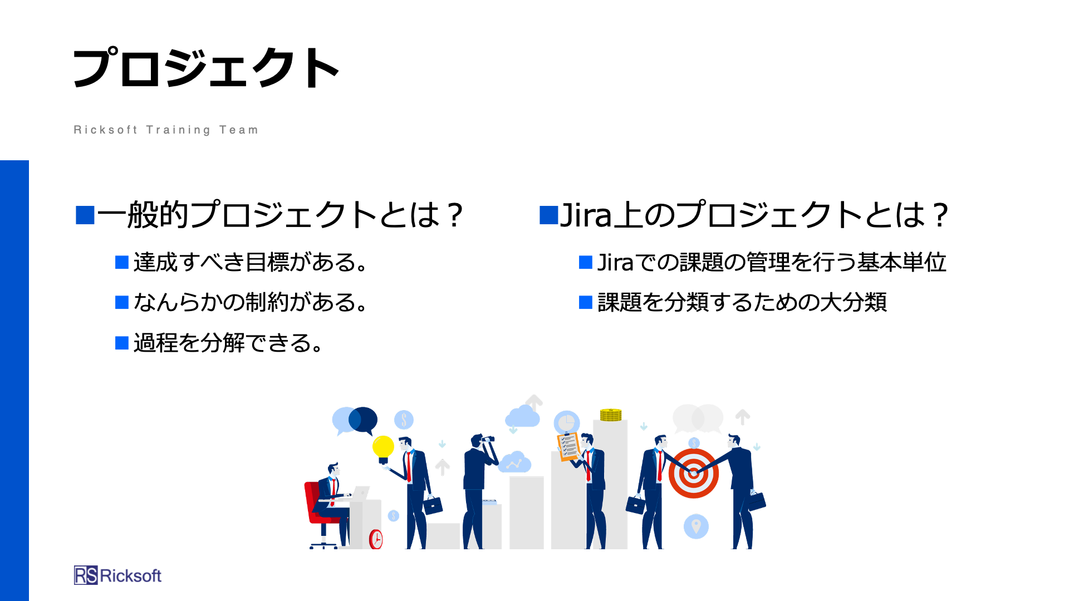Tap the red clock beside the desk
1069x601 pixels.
(376, 539)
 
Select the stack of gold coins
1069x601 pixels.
(611, 415)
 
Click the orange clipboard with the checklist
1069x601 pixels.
(568, 447)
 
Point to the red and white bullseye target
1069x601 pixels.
(693, 473)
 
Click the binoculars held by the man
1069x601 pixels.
(488, 439)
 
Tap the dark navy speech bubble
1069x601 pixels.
(363, 420)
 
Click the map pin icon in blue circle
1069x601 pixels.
(696, 526)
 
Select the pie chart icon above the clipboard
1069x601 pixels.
(567, 422)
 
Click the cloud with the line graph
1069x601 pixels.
(514, 462)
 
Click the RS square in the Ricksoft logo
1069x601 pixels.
(86, 575)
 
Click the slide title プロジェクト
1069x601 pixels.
(206, 68)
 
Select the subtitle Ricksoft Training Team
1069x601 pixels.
(166, 130)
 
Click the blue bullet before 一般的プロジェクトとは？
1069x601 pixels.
(85, 215)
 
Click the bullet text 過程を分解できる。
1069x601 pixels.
(228, 343)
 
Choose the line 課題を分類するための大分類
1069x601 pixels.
(742, 302)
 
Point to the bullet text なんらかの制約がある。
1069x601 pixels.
(251, 302)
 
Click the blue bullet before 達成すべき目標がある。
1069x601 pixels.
(122, 262)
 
